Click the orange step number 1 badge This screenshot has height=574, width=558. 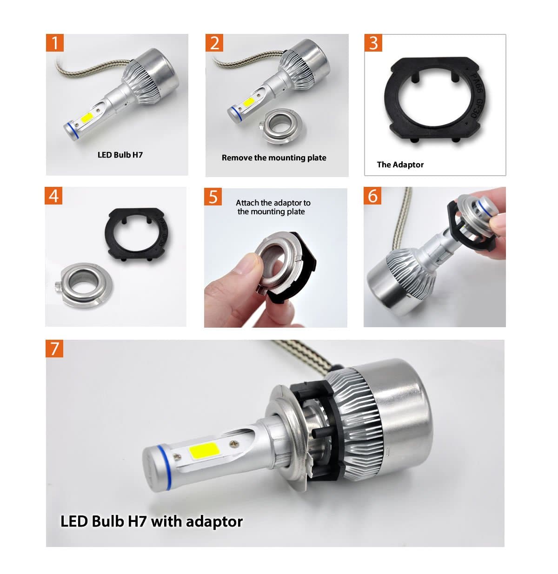click(55, 43)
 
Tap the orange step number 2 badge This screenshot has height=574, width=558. click(214, 43)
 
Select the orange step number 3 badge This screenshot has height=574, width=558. click(373, 43)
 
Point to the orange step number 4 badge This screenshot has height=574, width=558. click(54, 196)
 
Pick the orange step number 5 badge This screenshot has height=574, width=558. click(213, 197)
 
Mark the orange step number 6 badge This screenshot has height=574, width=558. click(372, 196)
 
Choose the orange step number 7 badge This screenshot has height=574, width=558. click(54, 348)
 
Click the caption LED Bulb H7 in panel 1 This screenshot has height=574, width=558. click(120, 155)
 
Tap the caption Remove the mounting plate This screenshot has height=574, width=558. click(274, 158)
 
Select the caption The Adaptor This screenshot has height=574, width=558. click(400, 165)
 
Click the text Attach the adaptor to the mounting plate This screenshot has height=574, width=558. click(272, 207)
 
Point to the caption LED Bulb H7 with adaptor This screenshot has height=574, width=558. click(152, 521)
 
